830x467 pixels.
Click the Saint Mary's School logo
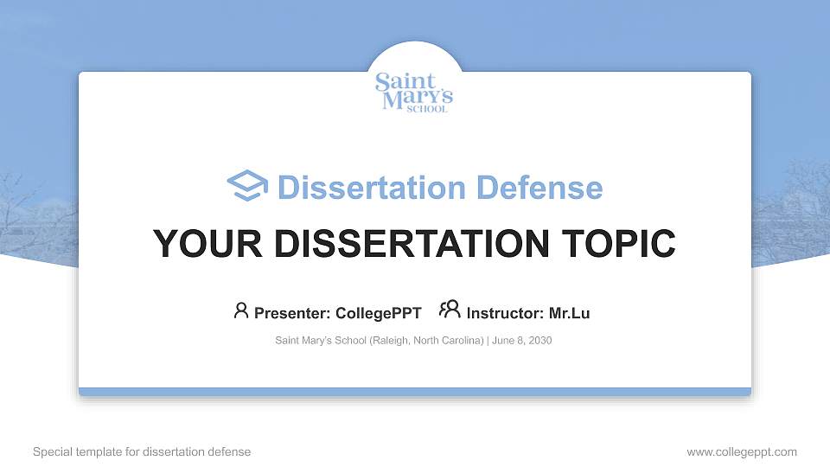414,93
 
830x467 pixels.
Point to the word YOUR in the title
198,244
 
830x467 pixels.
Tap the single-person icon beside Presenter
241,310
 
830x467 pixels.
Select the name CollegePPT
378,313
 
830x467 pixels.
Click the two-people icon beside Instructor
450,310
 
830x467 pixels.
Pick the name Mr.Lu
569,313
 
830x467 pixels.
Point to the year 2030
539,341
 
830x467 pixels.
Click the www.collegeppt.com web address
742,451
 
